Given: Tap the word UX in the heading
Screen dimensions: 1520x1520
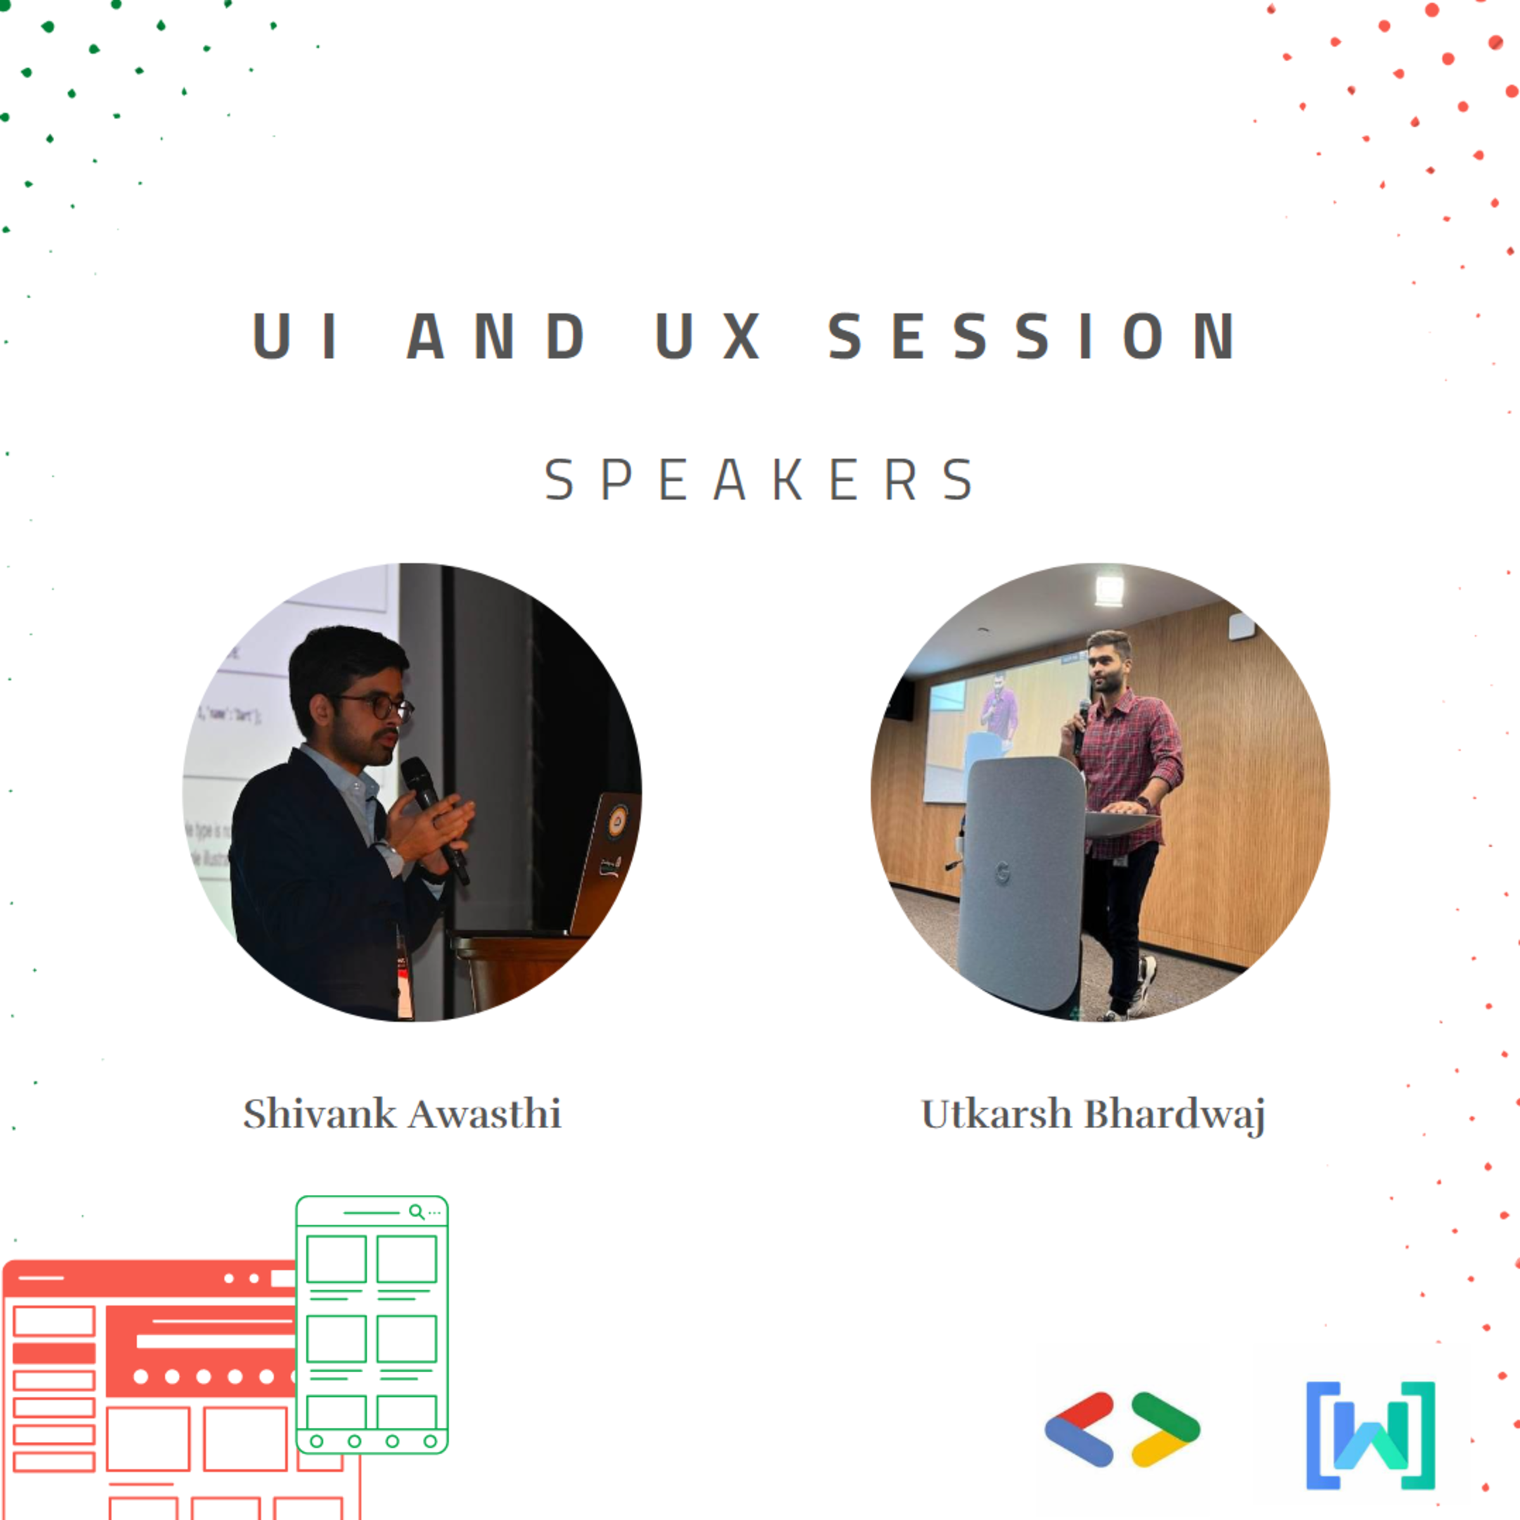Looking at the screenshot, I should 708,336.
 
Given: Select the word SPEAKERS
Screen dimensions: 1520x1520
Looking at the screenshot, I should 760,479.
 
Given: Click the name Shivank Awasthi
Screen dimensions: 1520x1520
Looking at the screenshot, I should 402,1114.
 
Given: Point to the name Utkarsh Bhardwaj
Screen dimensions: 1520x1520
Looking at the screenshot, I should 1093,1115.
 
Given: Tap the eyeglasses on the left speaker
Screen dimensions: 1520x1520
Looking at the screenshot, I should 381,706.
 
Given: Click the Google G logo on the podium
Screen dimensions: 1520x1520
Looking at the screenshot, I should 1003,873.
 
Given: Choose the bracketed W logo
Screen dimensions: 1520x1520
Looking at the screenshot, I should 1371,1435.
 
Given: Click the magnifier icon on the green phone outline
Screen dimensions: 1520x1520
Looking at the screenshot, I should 416,1212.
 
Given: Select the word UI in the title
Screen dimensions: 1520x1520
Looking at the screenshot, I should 294,336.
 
